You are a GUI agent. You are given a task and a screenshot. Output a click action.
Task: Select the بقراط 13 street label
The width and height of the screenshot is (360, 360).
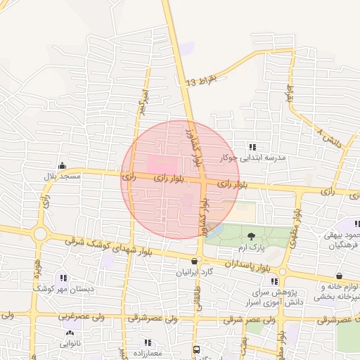tap(200, 80)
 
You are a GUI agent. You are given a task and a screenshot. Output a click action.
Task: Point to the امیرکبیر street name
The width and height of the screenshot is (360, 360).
tap(143, 98)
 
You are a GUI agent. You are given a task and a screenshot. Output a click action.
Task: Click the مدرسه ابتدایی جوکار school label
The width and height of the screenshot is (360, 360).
tap(253, 157)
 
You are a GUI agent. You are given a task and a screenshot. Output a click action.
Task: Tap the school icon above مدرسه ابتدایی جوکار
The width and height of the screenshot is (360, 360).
tap(252, 147)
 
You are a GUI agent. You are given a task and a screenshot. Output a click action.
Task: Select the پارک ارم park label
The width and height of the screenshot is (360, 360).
tap(251, 247)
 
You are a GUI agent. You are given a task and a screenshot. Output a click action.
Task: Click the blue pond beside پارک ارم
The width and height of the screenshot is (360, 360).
tap(215, 230)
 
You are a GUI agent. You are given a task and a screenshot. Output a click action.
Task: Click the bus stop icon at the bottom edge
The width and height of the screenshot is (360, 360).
tap(196, 349)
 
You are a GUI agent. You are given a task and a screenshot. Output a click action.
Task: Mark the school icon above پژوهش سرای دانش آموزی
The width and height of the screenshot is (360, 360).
tap(255, 281)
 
